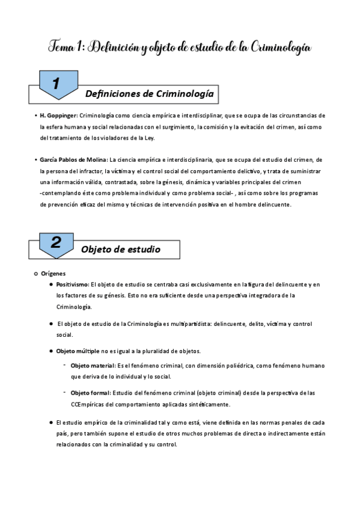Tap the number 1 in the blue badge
point(55,85)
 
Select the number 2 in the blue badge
point(56,242)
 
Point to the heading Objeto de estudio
point(121,249)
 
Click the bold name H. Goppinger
point(58,115)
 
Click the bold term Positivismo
point(72,284)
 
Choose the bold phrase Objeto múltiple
point(78,351)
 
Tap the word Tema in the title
point(60,47)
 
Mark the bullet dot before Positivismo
point(52,284)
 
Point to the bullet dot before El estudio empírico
point(52,423)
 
